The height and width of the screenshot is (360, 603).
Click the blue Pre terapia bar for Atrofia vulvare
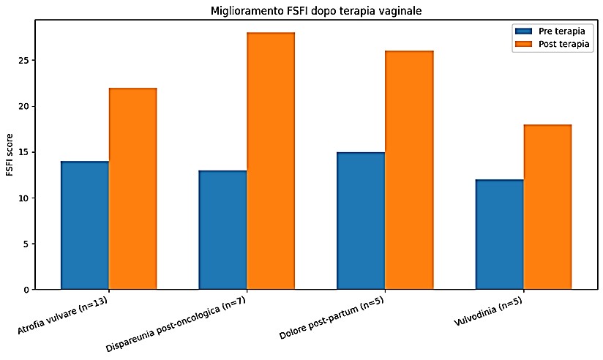85,225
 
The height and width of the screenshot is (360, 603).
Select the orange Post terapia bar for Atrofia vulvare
132,189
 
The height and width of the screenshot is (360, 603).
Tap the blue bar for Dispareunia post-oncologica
223,230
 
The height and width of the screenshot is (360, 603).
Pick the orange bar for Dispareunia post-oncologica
271,161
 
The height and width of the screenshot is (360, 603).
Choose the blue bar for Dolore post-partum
361,221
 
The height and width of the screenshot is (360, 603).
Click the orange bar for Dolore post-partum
409,170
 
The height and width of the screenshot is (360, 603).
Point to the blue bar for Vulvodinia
500,235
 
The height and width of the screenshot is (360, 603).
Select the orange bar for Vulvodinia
547,207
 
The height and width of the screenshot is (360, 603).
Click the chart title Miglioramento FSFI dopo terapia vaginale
316,11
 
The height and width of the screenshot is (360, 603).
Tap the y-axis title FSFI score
10,155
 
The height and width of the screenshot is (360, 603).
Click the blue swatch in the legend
523,31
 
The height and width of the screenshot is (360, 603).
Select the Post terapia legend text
563,44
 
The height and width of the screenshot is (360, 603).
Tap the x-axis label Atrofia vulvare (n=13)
62,315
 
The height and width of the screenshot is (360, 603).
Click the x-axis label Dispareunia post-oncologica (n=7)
176,325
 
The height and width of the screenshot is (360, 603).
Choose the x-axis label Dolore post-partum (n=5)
332,319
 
